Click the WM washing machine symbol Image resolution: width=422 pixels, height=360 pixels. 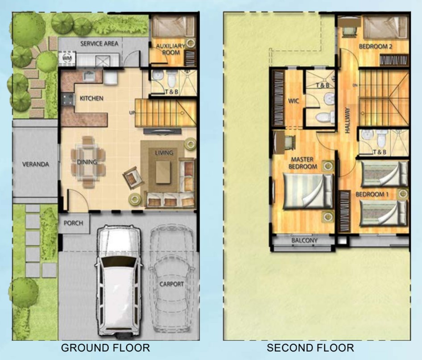[x=67, y=58]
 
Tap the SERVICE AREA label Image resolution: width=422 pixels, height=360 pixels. [x=99, y=44]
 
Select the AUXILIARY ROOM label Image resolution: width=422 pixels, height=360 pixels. [x=171, y=49]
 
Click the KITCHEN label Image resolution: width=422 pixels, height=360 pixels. [x=91, y=99]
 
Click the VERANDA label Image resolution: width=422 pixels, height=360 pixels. [x=36, y=164]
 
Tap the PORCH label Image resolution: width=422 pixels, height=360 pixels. [x=73, y=223]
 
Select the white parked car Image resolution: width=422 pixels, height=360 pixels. [x=119, y=281]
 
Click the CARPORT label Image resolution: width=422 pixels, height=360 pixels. [x=172, y=284]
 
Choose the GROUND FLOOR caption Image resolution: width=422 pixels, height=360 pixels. [x=105, y=348]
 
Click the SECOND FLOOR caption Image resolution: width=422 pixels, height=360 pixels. [x=310, y=348]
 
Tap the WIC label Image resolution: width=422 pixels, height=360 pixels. [x=294, y=101]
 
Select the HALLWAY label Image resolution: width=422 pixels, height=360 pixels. [x=347, y=120]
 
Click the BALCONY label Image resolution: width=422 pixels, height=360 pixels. [x=304, y=240]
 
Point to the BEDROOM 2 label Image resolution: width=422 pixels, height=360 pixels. [x=376, y=46]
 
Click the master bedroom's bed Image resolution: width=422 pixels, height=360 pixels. [x=308, y=191]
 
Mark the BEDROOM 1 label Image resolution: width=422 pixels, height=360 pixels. [x=372, y=194]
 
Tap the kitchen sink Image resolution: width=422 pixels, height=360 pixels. [x=89, y=76]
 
